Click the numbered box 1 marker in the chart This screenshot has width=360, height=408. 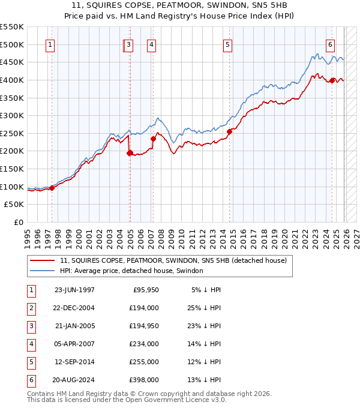pyautogui.click(x=50, y=44)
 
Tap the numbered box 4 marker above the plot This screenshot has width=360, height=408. pyautogui.click(x=151, y=44)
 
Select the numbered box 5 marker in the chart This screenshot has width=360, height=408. pyautogui.click(x=228, y=44)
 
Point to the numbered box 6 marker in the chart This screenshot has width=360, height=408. pyautogui.click(x=330, y=44)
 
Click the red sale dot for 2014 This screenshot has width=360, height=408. pyautogui.click(x=230, y=132)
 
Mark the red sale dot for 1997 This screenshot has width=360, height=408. pyautogui.click(x=52, y=188)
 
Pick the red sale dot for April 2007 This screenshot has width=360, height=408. pyautogui.click(x=153, y=139)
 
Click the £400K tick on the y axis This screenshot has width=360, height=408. pyautogui.click(x=12, y=80)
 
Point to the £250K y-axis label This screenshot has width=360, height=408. pyautogui.click(x=12, y=133)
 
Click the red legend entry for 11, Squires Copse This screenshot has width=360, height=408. pyautogui.click(x=173, y=260)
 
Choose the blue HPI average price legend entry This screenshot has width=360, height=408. pyautogui.click(x=131, y=271)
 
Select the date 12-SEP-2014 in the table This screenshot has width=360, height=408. pyautogui.click(x=74, y=362)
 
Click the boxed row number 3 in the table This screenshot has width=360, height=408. pyautogui.click(x=31, y=326)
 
